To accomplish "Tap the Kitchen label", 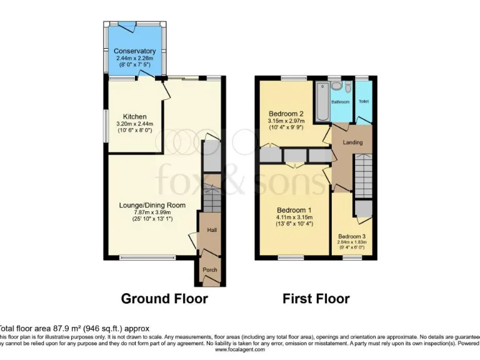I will coord(134,117).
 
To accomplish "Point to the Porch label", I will coord(209,270).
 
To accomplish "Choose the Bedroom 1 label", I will coord(294,210).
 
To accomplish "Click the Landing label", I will coord(352,142).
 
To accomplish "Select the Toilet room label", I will coord(363,101).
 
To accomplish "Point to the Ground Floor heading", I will coord(164,299).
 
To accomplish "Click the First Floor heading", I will coord(316,299).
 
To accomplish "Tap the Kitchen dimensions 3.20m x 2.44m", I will coord(134,124).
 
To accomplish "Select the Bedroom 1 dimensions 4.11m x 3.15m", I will coord(294,217).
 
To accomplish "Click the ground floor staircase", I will coord(212,199).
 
